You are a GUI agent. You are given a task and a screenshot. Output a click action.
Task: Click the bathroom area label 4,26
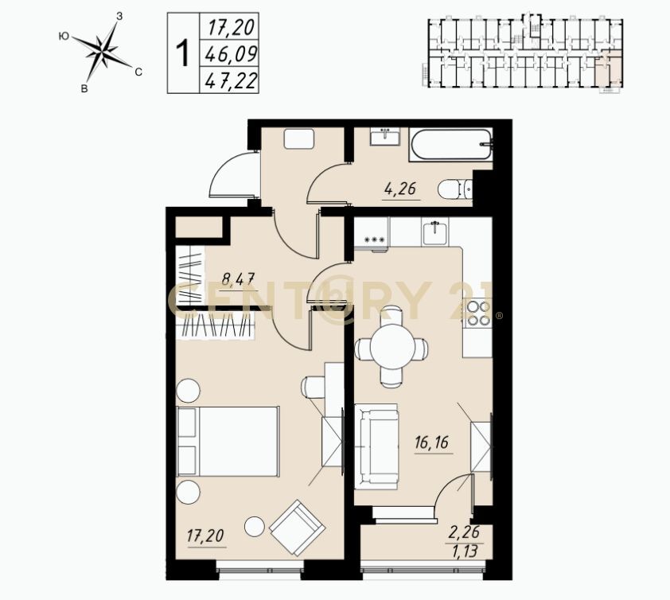point(400,189)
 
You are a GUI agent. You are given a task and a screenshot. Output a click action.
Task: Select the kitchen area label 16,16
point(431,442)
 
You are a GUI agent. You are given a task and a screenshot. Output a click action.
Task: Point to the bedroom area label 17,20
point(205,536)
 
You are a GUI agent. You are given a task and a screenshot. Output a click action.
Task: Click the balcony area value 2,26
point(464,532)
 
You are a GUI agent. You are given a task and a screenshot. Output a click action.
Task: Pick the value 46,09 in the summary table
point(231,54)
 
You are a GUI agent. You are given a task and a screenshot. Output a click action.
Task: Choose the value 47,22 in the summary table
point(231,80)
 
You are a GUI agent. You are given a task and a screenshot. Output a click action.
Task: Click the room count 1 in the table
point(183,53)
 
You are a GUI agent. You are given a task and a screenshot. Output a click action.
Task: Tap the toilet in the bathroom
point(454,189)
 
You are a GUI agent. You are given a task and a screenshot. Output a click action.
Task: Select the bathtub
point(450,145)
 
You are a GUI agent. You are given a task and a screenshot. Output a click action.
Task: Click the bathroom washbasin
point(385,137)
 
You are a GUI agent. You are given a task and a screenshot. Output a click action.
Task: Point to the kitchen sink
point(434,232)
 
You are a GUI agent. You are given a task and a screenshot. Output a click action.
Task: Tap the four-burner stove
point(478,314)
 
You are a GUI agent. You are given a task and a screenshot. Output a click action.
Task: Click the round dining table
point(391,347)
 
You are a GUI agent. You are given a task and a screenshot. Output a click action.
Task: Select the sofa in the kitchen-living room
point(376,446)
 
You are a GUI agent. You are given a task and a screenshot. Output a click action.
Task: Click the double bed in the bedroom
point(228,441)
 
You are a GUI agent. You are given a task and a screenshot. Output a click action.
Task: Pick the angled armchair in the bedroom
point(298,528)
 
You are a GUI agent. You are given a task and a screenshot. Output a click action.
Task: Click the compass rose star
point(103,52)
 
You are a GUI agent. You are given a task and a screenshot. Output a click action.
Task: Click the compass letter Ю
point(63,37)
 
